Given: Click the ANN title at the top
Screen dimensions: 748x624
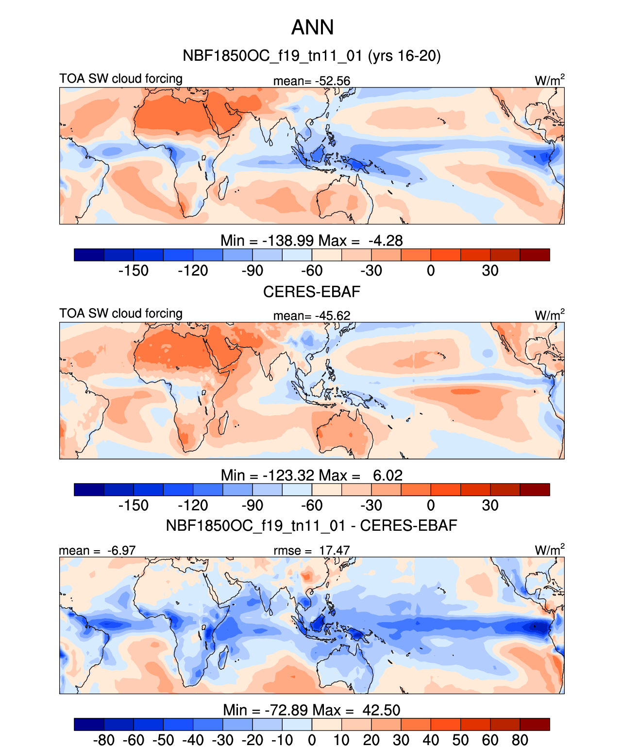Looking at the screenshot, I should pos(312,27).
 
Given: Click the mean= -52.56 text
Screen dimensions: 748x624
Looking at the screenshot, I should pos(311,81).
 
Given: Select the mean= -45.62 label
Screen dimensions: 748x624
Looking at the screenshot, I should pos(311,315).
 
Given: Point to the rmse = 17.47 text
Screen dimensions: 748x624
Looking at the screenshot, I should pos(311,550).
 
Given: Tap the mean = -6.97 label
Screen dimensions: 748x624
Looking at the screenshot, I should pos(97,550).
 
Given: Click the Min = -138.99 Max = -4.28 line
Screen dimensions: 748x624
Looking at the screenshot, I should pos(311,241).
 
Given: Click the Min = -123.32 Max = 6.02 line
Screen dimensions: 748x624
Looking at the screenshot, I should pos(311,475).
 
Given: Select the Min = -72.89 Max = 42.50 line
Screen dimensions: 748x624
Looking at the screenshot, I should pos(311,710).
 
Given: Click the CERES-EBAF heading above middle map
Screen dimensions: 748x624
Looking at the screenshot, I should pos(311,292).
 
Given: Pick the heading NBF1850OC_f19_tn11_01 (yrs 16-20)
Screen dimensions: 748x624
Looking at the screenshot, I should pos(311,56).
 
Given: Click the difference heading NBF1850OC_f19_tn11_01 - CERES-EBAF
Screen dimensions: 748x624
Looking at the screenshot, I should pos(311,525).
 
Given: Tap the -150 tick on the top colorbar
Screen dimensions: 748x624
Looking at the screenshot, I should pos(134,271).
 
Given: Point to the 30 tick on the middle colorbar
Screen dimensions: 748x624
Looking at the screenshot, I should pos(490,505).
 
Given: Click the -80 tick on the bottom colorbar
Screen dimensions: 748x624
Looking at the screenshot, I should pos(103,740).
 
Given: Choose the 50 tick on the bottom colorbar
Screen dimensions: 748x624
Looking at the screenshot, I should pos(460,740).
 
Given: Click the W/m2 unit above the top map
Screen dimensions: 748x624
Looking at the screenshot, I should pos(549,80).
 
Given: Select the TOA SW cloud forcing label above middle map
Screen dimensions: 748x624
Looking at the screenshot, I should pos(121,313).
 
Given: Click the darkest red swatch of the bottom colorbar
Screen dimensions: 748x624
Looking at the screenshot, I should pos(535,724).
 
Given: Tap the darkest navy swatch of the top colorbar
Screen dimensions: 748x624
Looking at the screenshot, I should pos(89,255).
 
